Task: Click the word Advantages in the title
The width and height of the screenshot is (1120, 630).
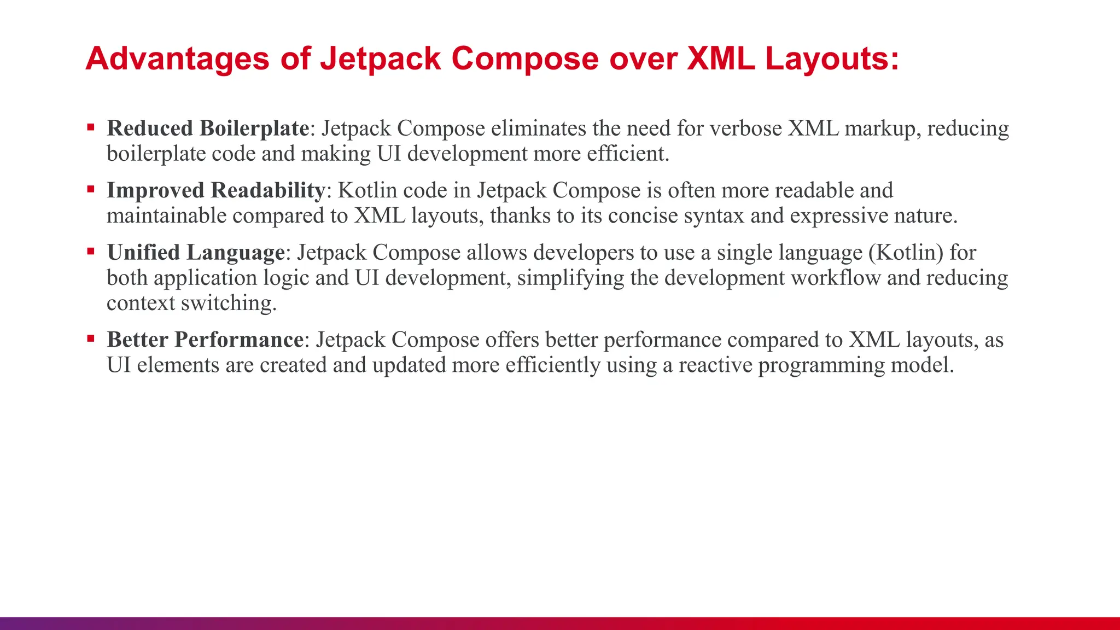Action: pyautogui.click(x=177, y=59)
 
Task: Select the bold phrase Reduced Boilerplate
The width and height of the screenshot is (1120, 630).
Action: pyautogui.click(x=208, y=129)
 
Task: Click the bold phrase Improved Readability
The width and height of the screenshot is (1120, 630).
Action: pyautogui.click(x=216, y=190)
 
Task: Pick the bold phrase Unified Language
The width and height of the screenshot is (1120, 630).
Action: pyautogui.click(x=196, y=253)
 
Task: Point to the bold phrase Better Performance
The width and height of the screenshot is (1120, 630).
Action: pyautogui.click(x=205, y=340)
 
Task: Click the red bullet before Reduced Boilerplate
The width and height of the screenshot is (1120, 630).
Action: pyautogui.click(x=91, y=128)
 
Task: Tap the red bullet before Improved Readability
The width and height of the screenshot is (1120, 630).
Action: pyautogui.click(x=91, y=190)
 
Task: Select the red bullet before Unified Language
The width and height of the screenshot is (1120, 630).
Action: pyautogui.click(x=91, y=252)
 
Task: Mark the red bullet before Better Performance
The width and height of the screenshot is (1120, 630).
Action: pyautogui.click(x=91, y=339)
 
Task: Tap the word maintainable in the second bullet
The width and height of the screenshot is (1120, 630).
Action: pyautogui.click(x=166, y=216)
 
